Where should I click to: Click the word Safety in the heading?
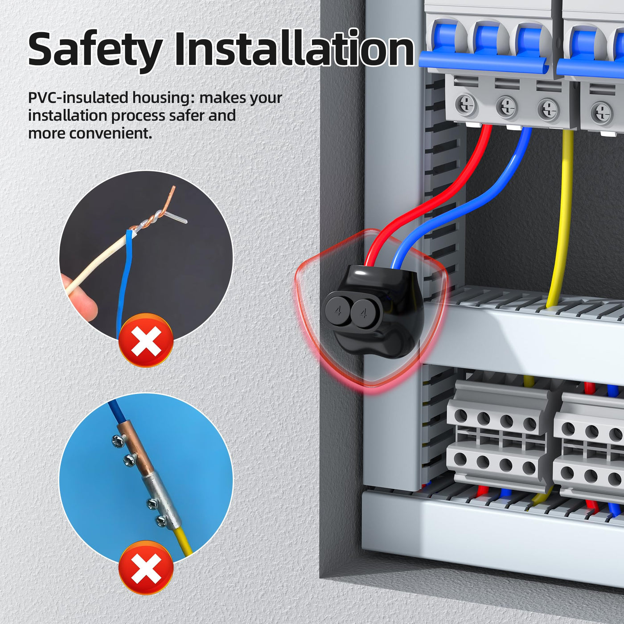tap(95, 51)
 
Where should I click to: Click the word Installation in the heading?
tap(294, 48)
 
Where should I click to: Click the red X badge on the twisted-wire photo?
tap(146, 340)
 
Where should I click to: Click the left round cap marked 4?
tap(337, 311)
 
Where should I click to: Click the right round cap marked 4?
tap(363, 313)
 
